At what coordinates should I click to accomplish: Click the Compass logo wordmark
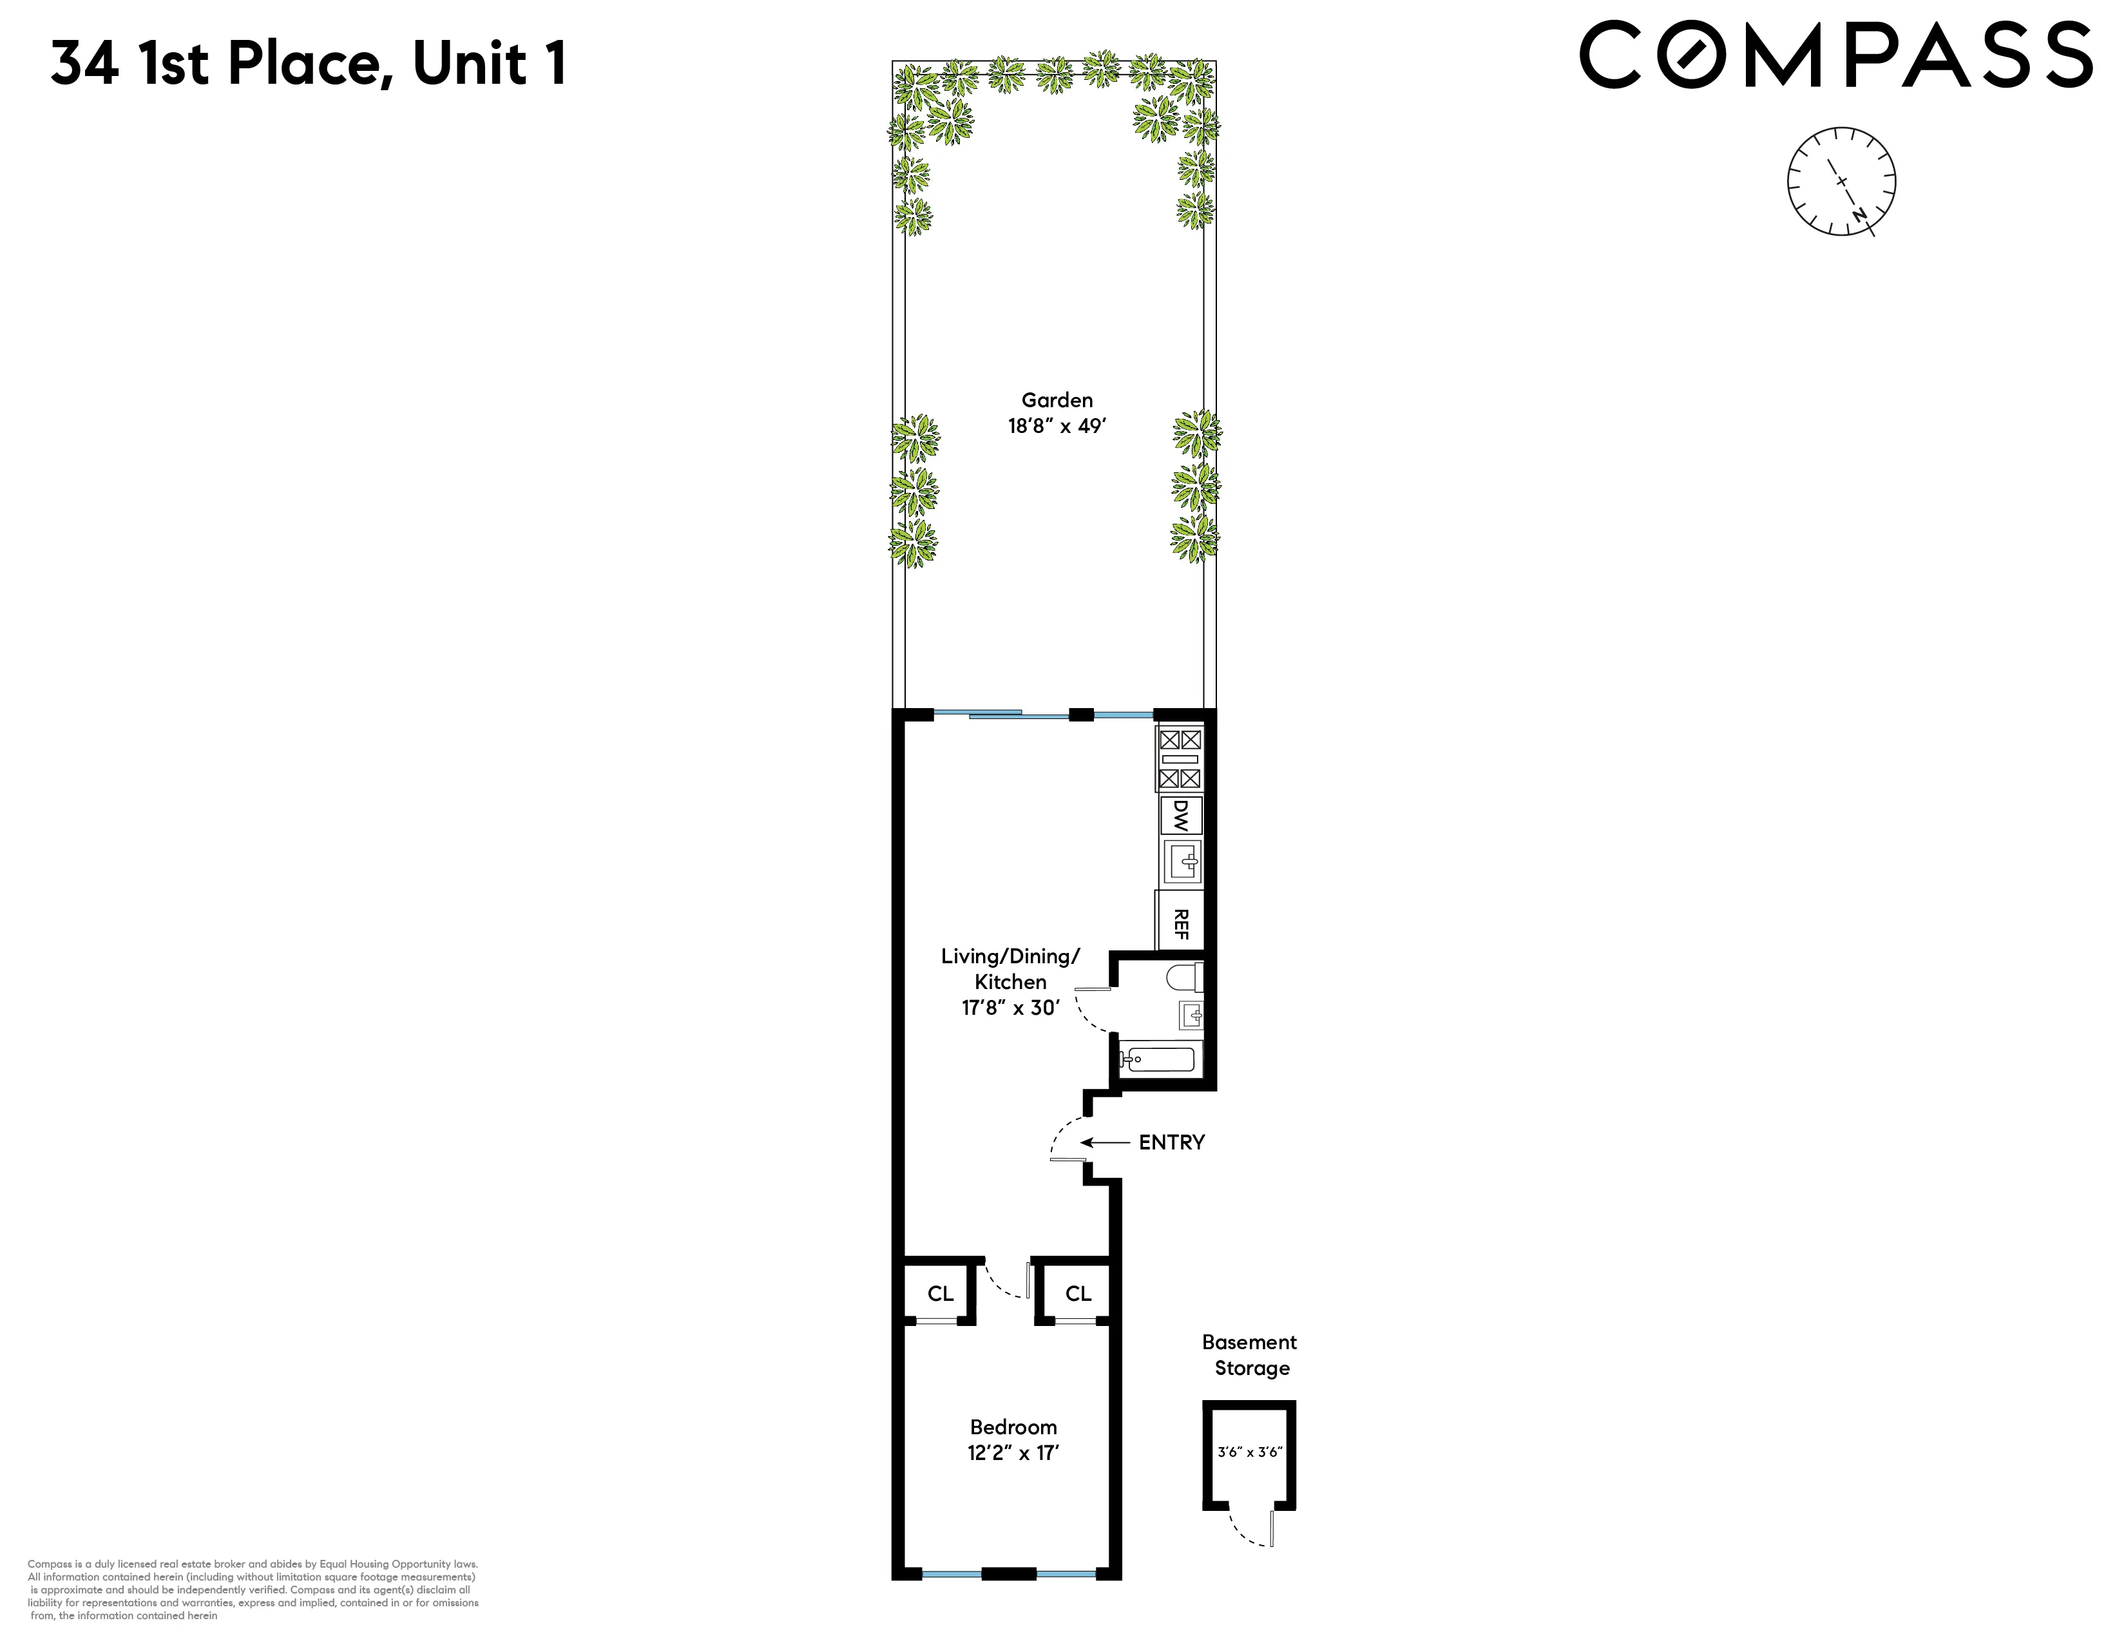[1835, 55]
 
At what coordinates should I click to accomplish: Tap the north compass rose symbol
[1841, 182]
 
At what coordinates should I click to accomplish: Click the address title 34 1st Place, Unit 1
[309, 64]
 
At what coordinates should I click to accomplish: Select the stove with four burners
[1180, 759]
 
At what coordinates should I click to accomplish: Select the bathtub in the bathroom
[1158, 1058]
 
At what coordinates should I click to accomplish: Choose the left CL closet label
[941, 1294]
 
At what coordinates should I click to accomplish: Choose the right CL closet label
[1078, 1294]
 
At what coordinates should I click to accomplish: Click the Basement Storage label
[1250, 1355]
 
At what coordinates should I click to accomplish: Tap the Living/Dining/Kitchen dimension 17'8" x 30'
[1010, 1008]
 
